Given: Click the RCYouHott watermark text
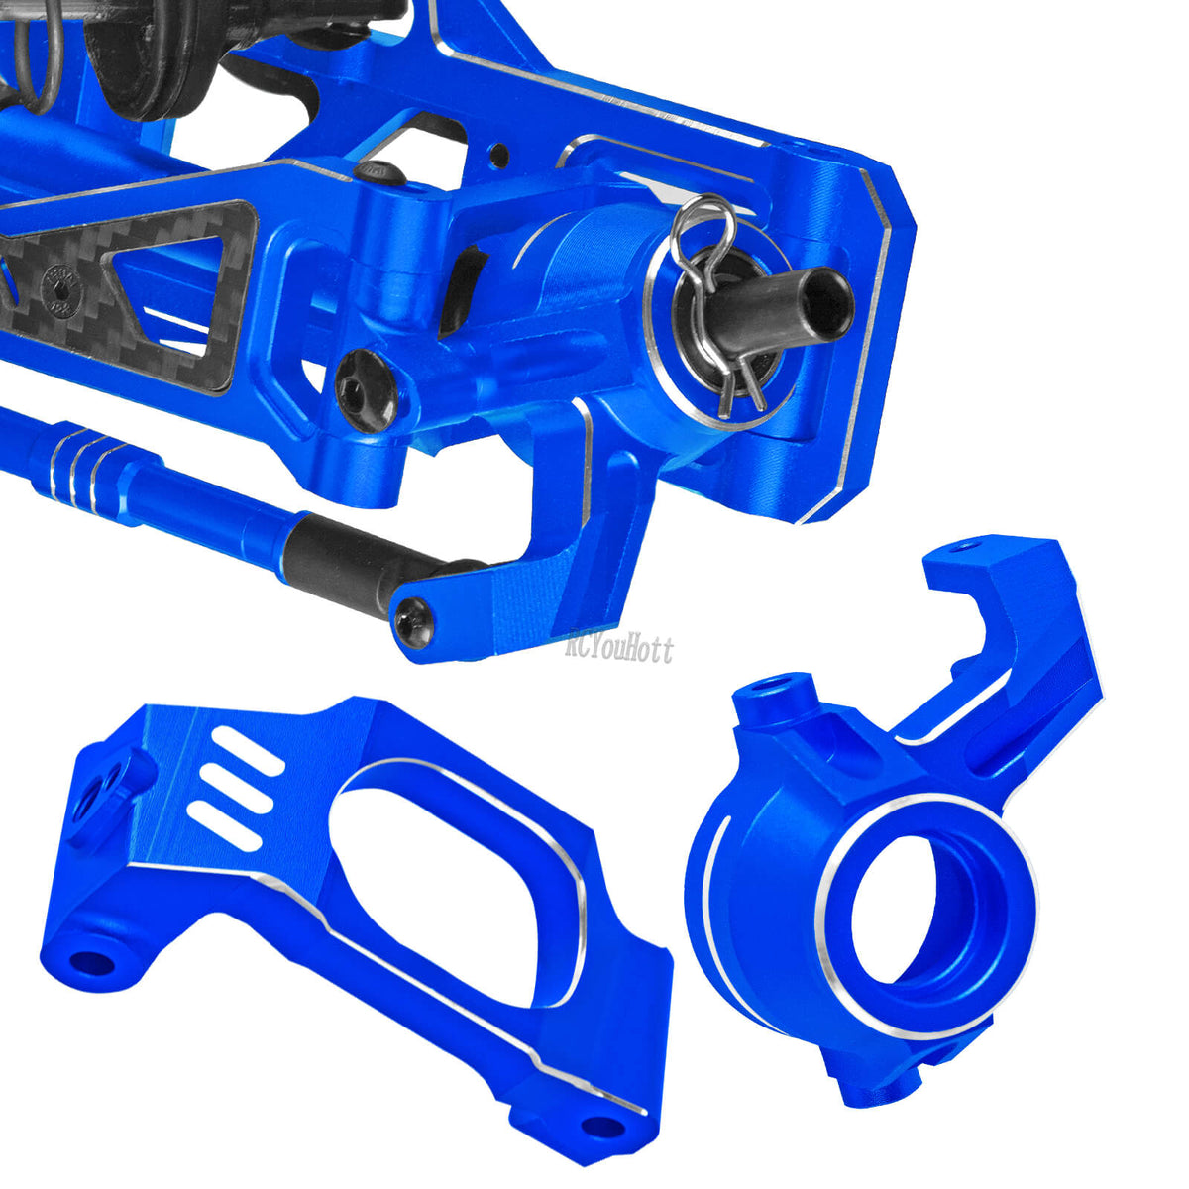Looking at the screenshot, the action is (x=619, y=650).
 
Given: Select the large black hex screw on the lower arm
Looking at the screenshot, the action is (x=366, y=390).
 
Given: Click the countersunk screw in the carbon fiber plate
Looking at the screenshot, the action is (x=63, y=292).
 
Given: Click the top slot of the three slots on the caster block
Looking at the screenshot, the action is (x=247, y=750).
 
